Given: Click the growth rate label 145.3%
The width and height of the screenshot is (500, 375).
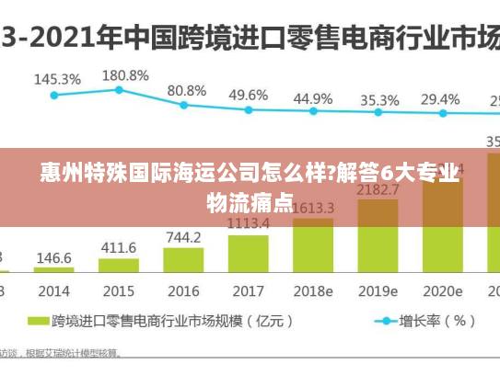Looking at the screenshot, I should click(x=57, y=79).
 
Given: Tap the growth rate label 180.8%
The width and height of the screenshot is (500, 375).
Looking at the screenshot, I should click(x=124, y=74).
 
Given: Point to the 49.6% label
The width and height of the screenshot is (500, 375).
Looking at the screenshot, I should click(x=248, y=95).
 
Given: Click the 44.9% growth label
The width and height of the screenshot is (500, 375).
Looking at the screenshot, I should click(x=313, y=98).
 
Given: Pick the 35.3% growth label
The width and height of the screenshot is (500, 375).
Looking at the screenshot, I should click(x=379, y=99).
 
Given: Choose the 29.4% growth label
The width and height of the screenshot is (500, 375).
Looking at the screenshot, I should click(x=440, y=98).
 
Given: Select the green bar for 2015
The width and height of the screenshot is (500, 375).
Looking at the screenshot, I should click(x=119, y=267).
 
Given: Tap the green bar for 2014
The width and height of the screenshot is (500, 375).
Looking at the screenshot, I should click(x=54, y=272).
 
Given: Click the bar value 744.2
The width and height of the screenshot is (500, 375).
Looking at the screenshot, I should click(x=183, y=237).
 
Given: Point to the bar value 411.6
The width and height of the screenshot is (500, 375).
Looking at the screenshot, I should click(x=119, y=248).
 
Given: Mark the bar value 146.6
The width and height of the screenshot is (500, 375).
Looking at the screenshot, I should click(x=54, y=258).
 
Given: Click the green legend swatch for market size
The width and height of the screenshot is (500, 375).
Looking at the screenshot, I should click(x=37, y=322).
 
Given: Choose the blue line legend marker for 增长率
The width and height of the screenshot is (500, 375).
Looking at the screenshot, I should click(x=382, y=322).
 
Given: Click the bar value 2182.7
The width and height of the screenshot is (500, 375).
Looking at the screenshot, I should click(x=378, y=189).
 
